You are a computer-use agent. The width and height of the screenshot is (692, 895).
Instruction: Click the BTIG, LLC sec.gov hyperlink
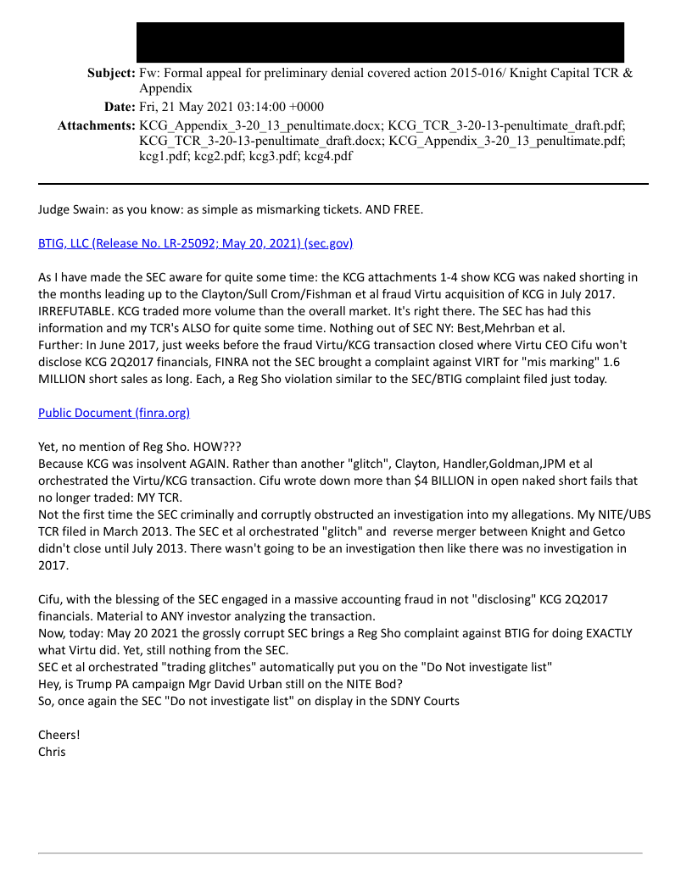coord(195,243)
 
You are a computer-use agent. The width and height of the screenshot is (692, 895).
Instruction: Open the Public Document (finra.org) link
coord(114,413)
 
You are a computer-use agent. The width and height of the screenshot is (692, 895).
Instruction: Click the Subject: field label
coord(111,73)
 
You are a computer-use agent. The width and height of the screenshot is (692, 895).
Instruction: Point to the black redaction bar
coord(380,42)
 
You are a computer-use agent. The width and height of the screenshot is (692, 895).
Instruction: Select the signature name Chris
coord(52,751)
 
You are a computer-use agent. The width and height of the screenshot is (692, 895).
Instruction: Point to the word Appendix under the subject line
coord(165,88)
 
